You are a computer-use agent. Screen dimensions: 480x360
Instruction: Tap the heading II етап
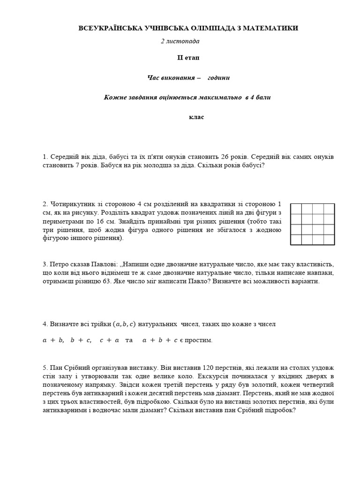pyautogui.click(x=188, y=58)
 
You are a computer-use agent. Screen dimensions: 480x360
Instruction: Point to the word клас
pyautogui.click(x=196, y=117)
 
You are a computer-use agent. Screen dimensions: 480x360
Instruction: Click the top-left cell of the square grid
pyautogui.click(x=296, y=209)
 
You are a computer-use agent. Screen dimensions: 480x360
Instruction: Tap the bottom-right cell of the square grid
pyautogui.click(x=329, y=240)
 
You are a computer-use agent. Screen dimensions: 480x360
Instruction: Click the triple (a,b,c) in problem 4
pyautogui.click(x=124, y=324)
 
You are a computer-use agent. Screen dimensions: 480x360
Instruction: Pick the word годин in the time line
pyautogui.click(x=218, y=78)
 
